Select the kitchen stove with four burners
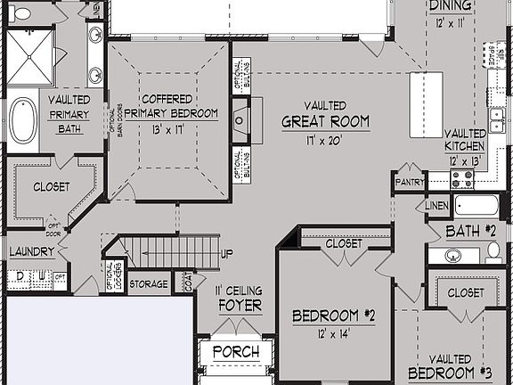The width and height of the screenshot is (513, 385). [x=462, y=178]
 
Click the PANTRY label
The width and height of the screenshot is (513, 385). [x=408, y=182]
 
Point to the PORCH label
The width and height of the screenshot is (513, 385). [x=237, y=353]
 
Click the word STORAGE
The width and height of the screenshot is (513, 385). [x=148, y=284]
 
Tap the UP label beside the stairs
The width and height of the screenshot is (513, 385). [x=227, y=254]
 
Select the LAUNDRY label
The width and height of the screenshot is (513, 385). [x=33, y=252]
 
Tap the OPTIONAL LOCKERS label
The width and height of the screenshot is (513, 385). [x=110, y=277]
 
